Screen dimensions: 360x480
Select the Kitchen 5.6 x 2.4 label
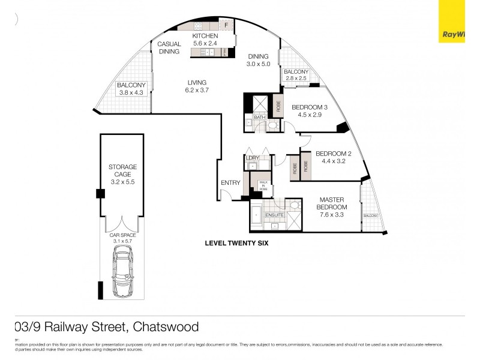point(205,40)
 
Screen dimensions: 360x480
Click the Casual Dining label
point(169,48)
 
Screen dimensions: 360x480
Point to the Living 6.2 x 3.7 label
point(196,86)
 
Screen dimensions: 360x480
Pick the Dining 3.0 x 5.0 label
point(259,60)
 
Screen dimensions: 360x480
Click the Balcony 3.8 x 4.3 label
point(131,89)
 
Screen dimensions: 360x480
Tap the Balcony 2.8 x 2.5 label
point(296,75)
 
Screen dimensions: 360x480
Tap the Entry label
point(230,183)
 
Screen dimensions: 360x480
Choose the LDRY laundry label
point(253,158)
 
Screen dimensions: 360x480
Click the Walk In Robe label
point(263,185)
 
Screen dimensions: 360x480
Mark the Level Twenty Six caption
point(236,244)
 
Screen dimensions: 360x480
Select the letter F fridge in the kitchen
point(226,25)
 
